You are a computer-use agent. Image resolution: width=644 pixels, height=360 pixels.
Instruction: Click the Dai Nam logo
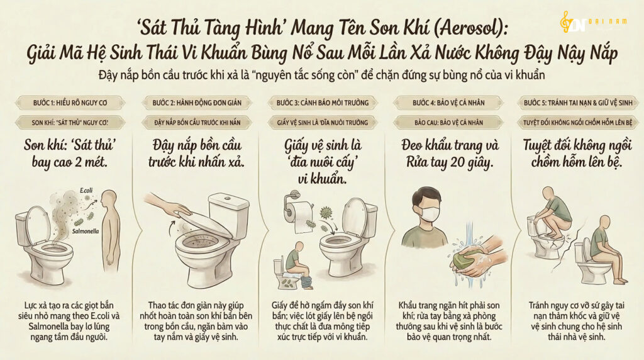(593, 22)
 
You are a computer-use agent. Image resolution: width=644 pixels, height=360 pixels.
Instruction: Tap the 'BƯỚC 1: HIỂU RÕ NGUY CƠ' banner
(70, 103)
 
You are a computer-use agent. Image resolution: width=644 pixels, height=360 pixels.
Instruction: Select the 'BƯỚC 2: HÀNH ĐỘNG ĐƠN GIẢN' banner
(197, 103)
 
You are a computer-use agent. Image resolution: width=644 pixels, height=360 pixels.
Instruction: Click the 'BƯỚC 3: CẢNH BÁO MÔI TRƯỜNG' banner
(323, 103)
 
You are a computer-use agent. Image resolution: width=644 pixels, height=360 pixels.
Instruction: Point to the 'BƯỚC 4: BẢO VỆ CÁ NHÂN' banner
(448, 103)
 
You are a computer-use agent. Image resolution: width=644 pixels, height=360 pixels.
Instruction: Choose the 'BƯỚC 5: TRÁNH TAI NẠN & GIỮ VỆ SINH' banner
(578, 103)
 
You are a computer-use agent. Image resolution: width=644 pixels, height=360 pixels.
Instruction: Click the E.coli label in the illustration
(86, 190)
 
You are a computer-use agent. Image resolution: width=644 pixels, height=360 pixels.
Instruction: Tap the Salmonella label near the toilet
(86, 232)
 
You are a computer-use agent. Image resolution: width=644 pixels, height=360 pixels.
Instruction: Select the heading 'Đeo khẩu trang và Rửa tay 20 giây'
(450, 154)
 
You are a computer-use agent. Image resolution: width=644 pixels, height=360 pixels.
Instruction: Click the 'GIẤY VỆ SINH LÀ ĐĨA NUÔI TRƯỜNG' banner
(323, 123)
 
